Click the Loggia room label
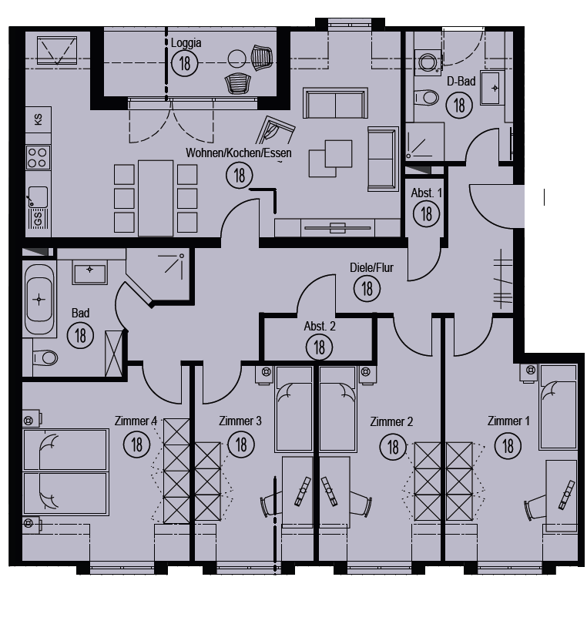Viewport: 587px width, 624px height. (x=186, y=43)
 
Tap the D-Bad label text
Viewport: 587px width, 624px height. (x=461, y=82)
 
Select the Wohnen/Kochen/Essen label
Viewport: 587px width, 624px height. (x=238, y=153)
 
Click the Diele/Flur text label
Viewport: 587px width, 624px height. (x=371, y=268)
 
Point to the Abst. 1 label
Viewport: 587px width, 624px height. (x=426, y=193)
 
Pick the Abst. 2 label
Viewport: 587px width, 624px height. (x=320, y=327)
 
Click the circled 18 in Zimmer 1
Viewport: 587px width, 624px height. (x=508, y=446)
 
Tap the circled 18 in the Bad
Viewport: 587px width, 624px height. (x=80, y=335)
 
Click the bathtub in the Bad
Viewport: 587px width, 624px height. (x=39, y=299)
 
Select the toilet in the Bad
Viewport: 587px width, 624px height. (x=45, y=357)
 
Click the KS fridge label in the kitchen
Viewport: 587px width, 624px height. (x=39, y=119)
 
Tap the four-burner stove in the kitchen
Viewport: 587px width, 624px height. (x=39, y=157)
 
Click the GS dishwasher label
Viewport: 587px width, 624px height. (x=38, y=219)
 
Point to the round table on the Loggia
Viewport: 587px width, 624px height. (x=237, y=59)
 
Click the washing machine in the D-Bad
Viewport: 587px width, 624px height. (x=428, y=62)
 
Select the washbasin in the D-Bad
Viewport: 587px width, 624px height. (x=492, y=88)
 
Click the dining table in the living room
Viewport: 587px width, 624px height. (x=156, y=198)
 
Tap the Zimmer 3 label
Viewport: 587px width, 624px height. (x=240, y=421)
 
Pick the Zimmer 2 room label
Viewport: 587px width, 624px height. (x=391, y=421)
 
